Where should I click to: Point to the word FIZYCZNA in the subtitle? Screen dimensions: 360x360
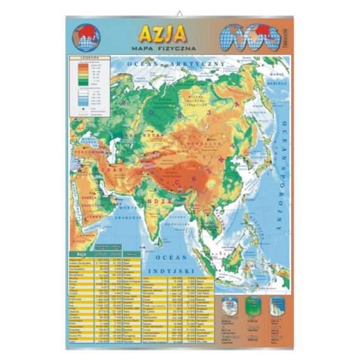point(179,48)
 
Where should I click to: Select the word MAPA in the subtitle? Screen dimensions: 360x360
point(144,48)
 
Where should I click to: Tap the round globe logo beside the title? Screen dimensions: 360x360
point(87,37)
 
